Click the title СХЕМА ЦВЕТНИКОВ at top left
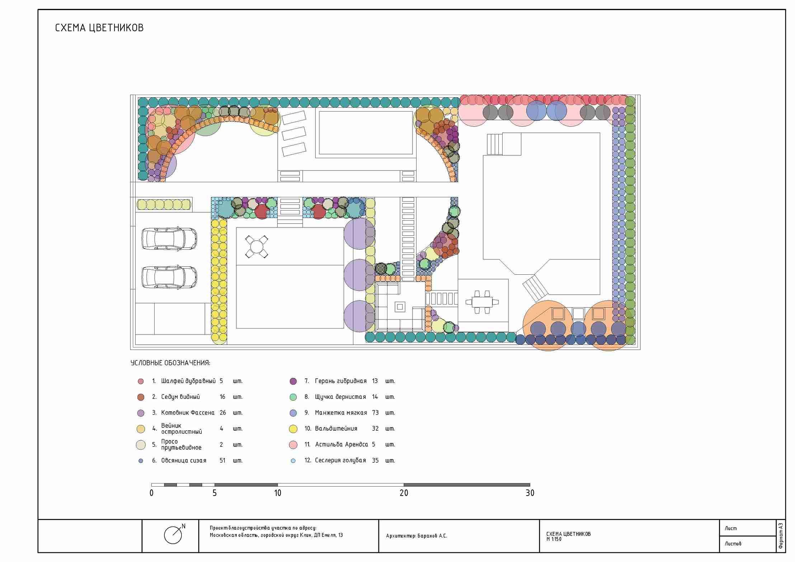coord(99,28)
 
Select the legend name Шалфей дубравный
coord(188,381)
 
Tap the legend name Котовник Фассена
coord(188,412)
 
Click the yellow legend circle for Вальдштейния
coord(293,429)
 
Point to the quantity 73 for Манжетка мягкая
coord(375,412)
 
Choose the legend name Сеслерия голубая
coord(340,460)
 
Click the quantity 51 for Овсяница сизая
coord(222,460)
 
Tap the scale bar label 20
coord(404,493)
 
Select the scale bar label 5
coord(215,493)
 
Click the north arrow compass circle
coord(173,535)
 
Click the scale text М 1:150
coord(554,539)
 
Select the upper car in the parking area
coord(169,238)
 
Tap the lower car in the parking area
coord(169,277)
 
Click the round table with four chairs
coord(257,247)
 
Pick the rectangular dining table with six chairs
coord(482,302)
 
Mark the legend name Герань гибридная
coord(341,381)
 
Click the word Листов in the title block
coord(733,544)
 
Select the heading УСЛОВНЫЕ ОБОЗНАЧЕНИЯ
coord(170,363)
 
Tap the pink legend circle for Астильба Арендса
coord(293,445)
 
